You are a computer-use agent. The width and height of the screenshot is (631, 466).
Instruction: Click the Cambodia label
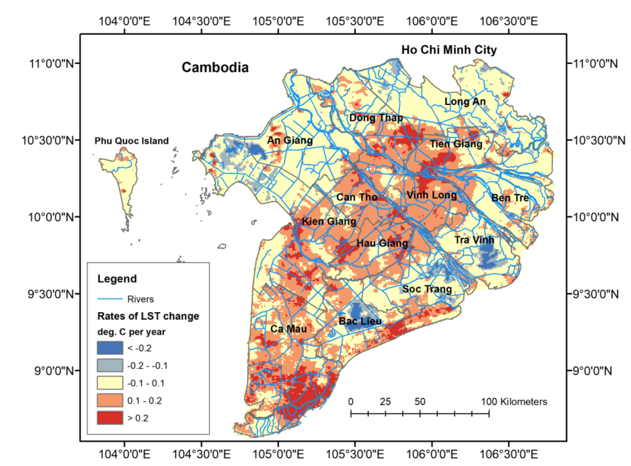coord(215,67)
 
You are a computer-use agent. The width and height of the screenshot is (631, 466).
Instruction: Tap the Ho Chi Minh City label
coord(449,50)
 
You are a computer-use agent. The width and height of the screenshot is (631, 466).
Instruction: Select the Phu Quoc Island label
coord(131,141)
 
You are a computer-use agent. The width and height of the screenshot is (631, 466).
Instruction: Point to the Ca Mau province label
coord(288,329)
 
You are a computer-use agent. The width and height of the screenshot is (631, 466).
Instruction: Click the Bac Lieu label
coord(360,321)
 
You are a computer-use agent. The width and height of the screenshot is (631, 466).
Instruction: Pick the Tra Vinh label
coord(474,240)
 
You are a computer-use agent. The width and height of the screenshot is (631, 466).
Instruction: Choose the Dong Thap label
coord(376,118)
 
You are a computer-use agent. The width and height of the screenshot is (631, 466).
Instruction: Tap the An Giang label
coord(290,140)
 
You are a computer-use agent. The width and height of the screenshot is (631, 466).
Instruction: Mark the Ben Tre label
coord(510,198)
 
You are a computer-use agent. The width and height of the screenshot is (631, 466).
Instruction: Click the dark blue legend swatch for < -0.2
coord(110,348)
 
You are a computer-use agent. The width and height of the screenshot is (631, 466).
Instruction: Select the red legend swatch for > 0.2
coord(110,418)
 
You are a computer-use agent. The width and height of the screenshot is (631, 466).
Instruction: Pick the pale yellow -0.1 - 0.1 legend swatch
coord(110,383)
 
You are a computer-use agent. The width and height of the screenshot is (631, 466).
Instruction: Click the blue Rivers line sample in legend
coord(110,299)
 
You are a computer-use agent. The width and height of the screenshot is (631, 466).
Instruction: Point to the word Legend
coord(117,279)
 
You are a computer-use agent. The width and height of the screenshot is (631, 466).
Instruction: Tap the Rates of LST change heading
coord(148,316)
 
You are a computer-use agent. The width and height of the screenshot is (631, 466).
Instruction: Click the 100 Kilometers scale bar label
coord(514,401)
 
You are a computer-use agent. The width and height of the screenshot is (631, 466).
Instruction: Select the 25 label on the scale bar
coord(385,401)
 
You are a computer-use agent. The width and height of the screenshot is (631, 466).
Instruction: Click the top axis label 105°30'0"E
coord(355,21)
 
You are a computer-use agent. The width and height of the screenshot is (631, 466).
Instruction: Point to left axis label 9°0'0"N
coord(54,371)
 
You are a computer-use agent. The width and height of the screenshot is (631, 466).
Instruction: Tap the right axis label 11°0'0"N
coord(596,64)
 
